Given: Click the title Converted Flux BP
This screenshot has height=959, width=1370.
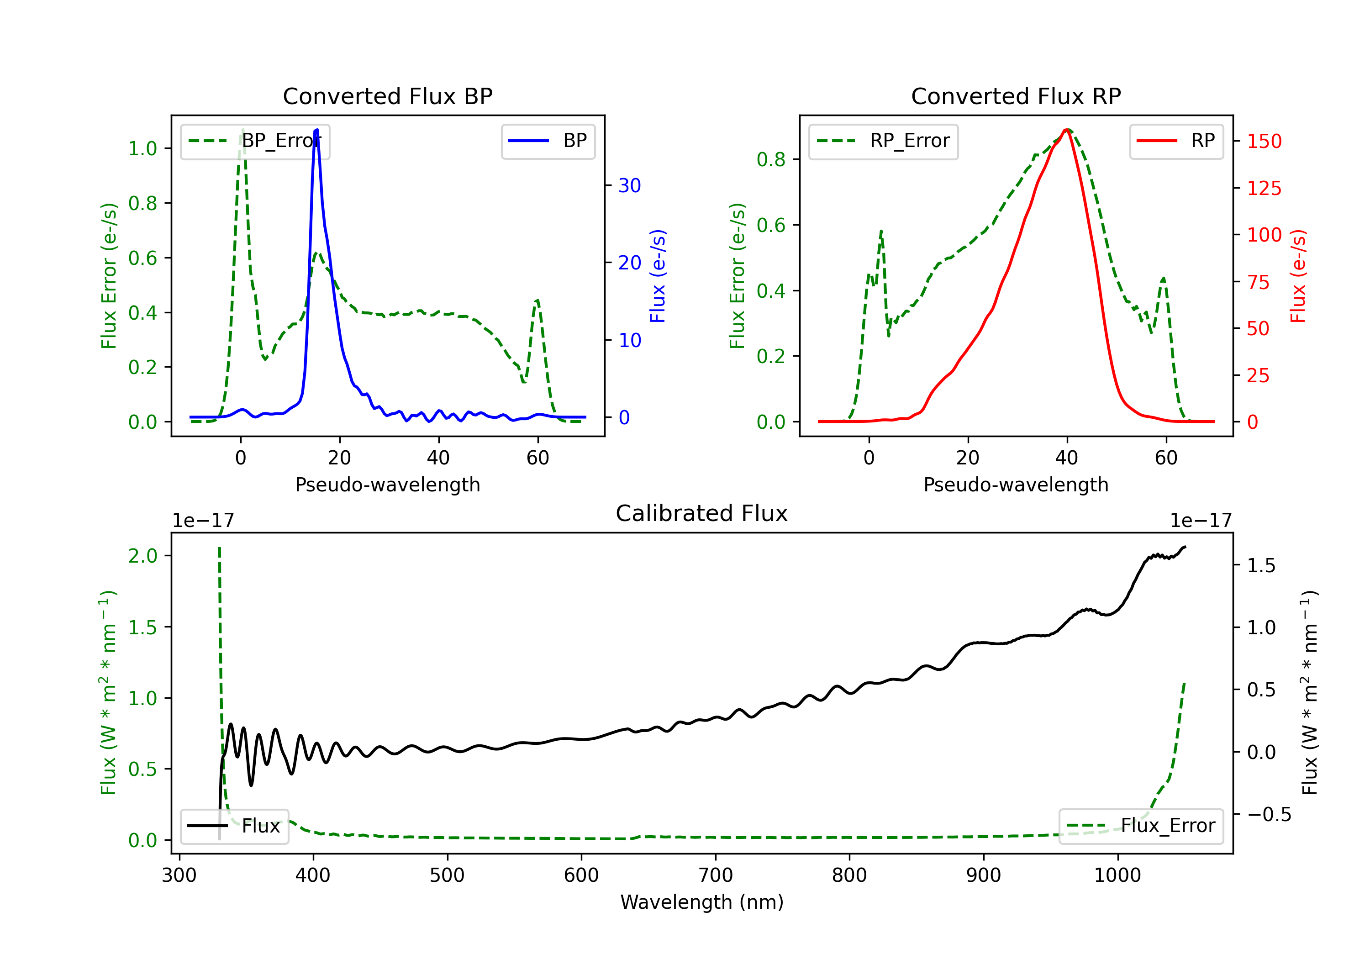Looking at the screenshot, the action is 387,96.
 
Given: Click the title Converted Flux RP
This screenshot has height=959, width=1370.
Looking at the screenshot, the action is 1016,96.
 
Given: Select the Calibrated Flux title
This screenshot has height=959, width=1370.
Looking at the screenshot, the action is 702,513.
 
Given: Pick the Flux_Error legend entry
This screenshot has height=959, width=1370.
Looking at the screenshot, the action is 1141,826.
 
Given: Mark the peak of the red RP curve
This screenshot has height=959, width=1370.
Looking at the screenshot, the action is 1066,130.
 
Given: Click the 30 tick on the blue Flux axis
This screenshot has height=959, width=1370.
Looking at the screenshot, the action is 629,185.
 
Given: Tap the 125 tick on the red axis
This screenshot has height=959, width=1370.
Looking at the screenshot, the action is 1264,189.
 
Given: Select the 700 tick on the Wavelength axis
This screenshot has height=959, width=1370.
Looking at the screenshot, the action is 716,875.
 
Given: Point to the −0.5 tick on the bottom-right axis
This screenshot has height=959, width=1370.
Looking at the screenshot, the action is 1269,815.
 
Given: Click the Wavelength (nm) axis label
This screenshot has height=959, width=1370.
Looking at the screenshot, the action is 702,902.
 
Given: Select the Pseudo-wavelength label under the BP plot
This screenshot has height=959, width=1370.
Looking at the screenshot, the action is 388,485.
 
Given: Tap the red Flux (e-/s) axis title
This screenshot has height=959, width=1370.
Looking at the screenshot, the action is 1298,276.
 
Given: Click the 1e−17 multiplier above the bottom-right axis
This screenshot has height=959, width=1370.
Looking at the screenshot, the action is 1201,521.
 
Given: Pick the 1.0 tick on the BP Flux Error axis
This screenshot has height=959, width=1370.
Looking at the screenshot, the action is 142,148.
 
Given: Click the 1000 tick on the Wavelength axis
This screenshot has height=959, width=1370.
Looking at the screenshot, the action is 1117,875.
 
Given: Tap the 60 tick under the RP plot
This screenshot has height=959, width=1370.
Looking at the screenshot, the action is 1166,458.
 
